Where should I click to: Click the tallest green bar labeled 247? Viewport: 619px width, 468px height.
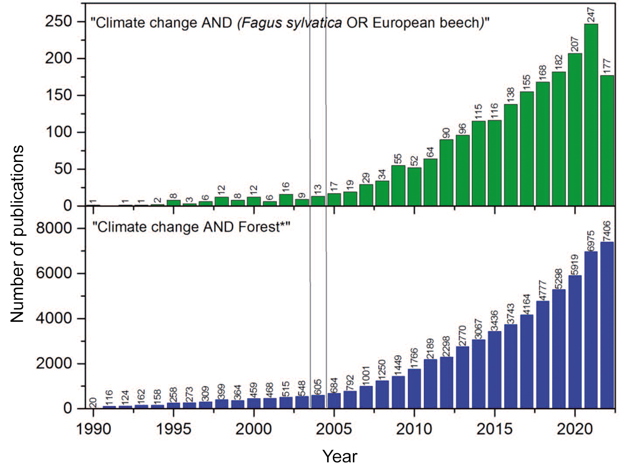pos(591,115)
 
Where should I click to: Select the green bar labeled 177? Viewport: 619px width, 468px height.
pos(607,141)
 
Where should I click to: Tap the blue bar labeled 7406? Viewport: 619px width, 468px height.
pos(607,325)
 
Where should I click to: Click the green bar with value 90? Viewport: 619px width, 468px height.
pos(446,172)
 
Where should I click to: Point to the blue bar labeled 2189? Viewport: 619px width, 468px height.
pos(430,384)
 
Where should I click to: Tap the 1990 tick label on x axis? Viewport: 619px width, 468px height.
pos(93,429)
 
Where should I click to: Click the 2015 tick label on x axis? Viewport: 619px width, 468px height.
pos(495,429)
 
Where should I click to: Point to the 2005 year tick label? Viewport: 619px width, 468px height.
pos(334,429)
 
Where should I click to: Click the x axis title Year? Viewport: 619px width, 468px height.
pos(339,457)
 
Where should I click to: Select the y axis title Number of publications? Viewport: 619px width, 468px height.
pos(17,235)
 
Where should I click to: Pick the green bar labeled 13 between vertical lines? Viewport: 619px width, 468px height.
pos(318,201)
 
